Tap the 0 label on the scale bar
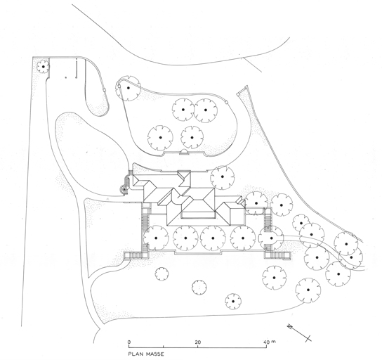coord(129,342)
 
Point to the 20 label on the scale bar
coord(198,342)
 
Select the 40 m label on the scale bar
coord(270,342)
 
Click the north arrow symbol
coord(299,333)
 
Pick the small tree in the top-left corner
coord(43,66)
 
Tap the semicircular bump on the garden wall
coord(184,153)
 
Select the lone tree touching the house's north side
coord(222,177)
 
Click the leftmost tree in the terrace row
coord(156,238)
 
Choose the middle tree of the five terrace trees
coord(213,238)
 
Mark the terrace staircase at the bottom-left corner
coord(136,255)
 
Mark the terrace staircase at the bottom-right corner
coord(278,255)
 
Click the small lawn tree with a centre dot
coord(233,302)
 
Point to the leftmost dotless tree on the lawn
coord(162,274)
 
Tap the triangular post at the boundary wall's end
coord(246,87)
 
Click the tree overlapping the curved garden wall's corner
coord(128,88)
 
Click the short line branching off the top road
coord(253,65)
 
